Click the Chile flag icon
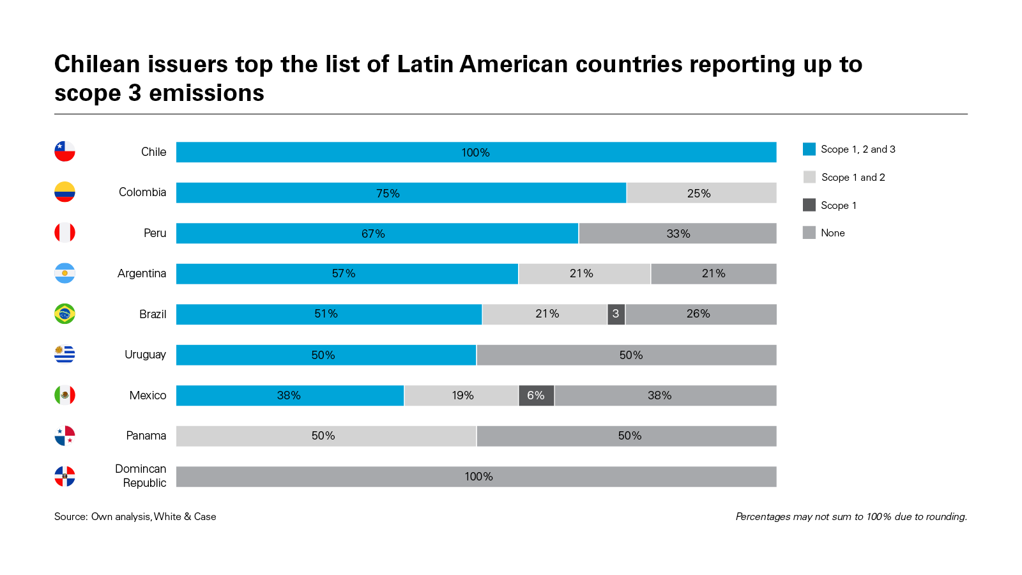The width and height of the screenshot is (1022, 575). click(x=65, y=151)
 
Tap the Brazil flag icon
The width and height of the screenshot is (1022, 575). click(x=65, y=314)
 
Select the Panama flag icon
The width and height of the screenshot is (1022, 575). click(x=65, y=436)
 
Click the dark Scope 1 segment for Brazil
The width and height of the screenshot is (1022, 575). click(x=616, y=314)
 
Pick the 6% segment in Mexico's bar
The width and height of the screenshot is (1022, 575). click(x=536, y=395)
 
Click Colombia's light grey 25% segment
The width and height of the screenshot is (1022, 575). click(x=701, y=193)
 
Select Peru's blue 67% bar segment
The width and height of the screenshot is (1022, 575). click(x=377, y=233)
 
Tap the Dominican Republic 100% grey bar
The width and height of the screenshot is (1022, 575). click(x=476, y=477)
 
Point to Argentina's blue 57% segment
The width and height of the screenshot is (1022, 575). click(x=347, y=273)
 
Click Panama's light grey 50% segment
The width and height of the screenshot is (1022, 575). click(x=326, y=436)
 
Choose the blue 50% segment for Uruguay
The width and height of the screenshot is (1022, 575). click(x=326, y=355)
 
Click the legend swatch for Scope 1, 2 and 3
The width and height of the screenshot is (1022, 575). click(x=809, y=149)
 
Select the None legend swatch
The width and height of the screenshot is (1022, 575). click(x=809, y=233)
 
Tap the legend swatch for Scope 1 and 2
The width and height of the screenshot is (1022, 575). click(x=809, y=177)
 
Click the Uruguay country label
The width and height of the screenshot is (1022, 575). click(x=145, y=355)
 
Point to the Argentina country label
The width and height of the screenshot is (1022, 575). click(x=141, y=273)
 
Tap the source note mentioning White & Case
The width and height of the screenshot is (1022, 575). click(x=135, y=516)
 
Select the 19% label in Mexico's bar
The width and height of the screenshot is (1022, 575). click(x=462, y=395)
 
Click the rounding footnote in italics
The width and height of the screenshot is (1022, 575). click(x=851, y=516)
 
